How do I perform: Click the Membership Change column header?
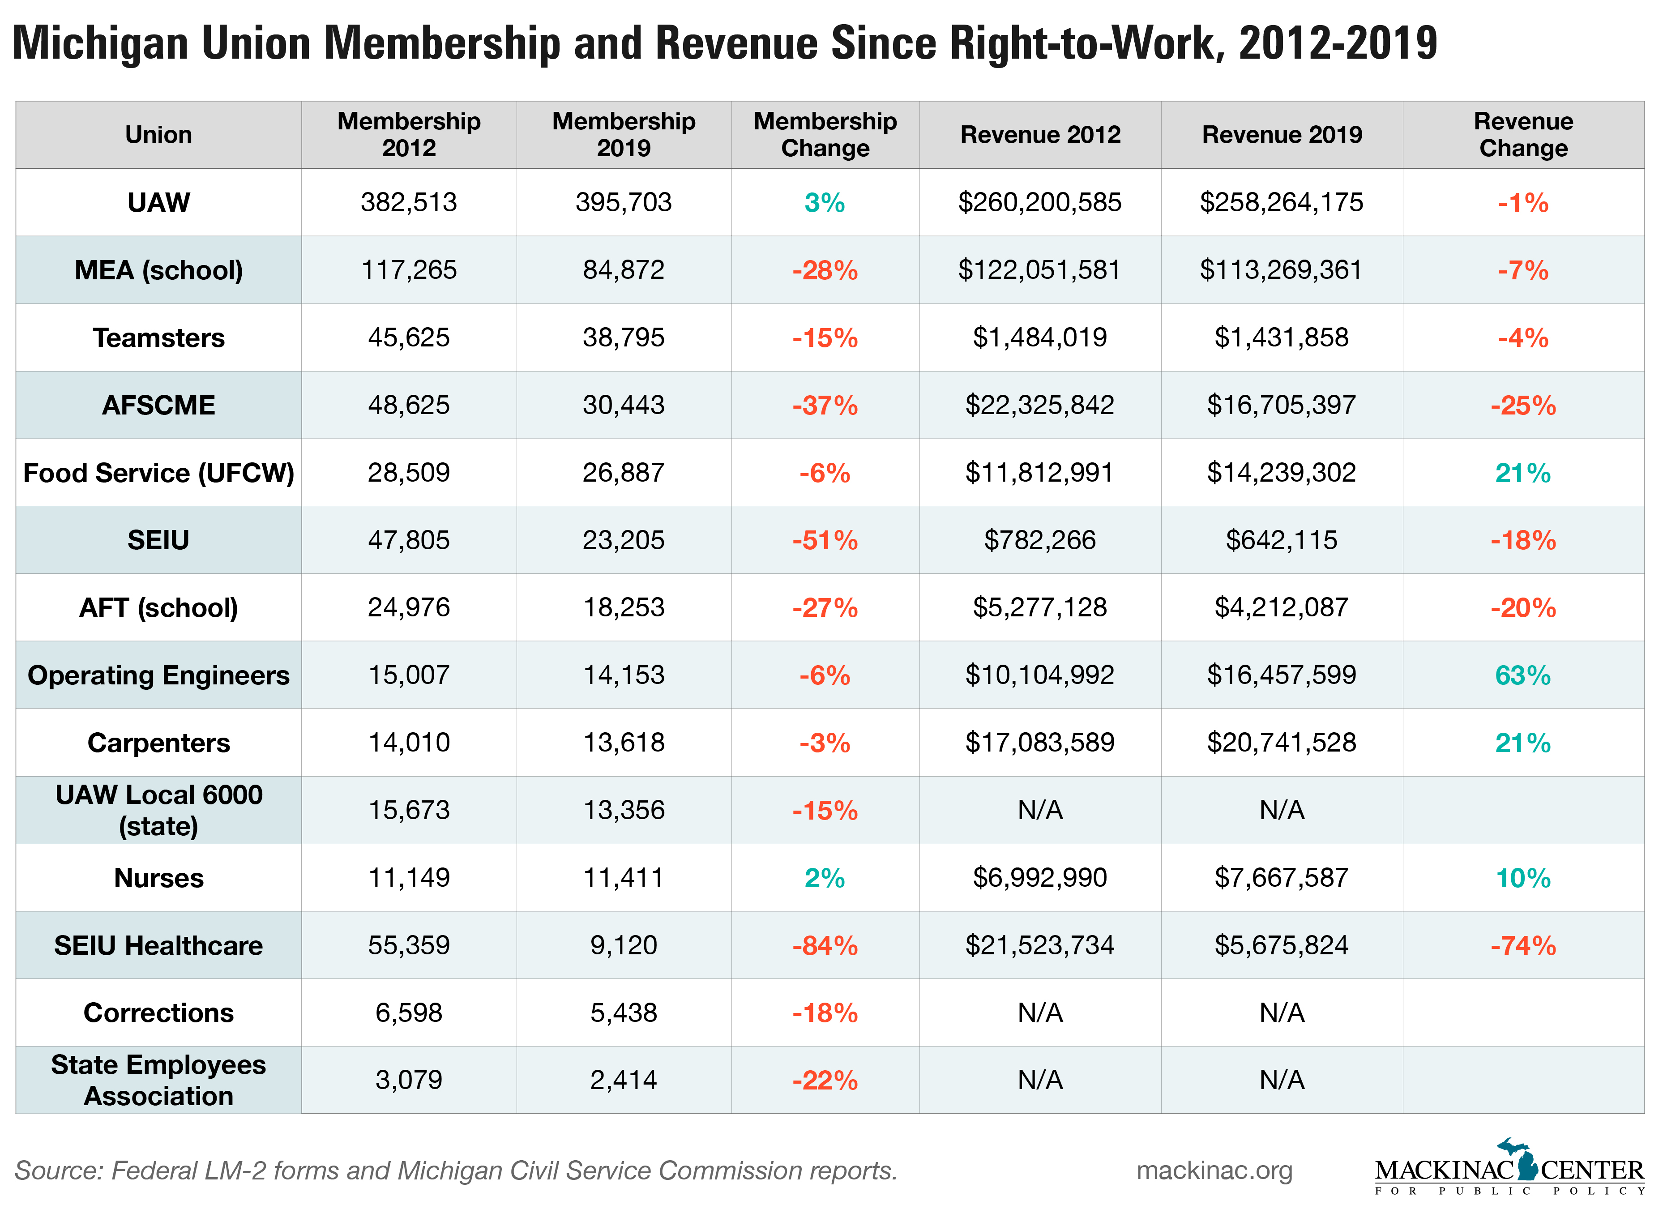(x=825, y=134)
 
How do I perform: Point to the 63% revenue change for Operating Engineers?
(x=1522, y=675)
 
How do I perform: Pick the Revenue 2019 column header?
(x=1281, y=134)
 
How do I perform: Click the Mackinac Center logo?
(x=1509, y=1170)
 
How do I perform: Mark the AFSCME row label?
(x=158, y=406)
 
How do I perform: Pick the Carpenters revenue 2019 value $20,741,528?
(x=1281, y=743)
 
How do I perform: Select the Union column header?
(x=158, y=134)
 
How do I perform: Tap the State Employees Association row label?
(x=158, y=1080)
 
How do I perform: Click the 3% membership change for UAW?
(x=825, y=202)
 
